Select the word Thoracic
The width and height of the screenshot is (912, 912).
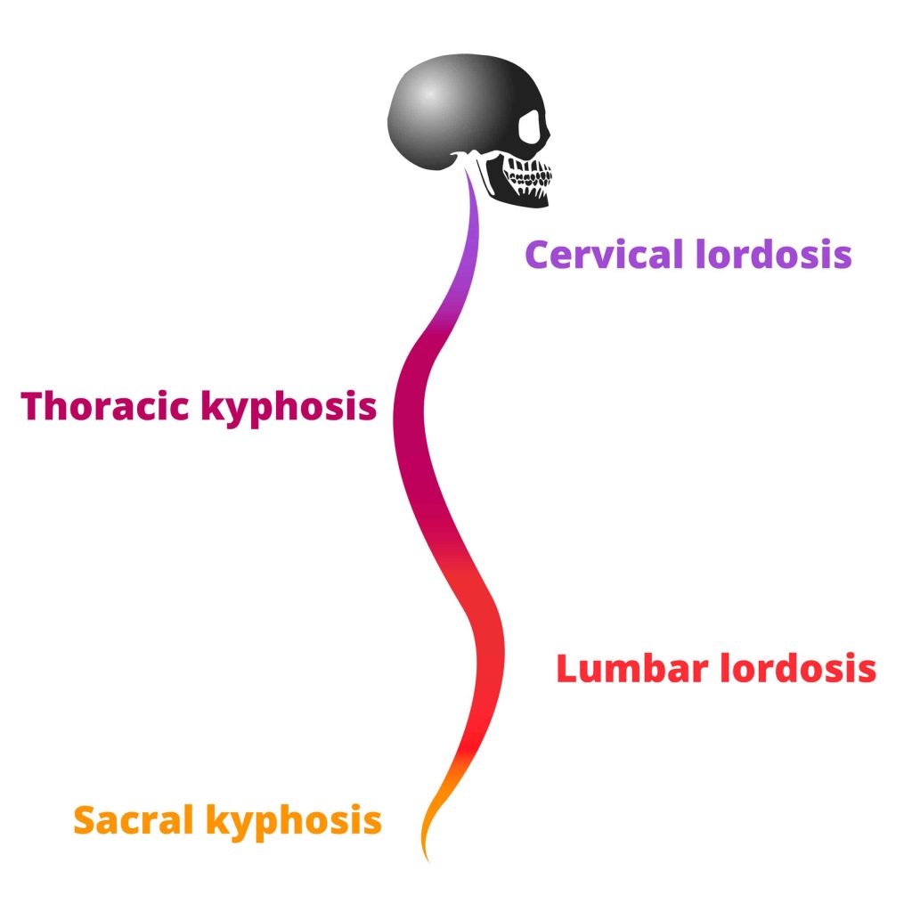pos(106,406)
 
